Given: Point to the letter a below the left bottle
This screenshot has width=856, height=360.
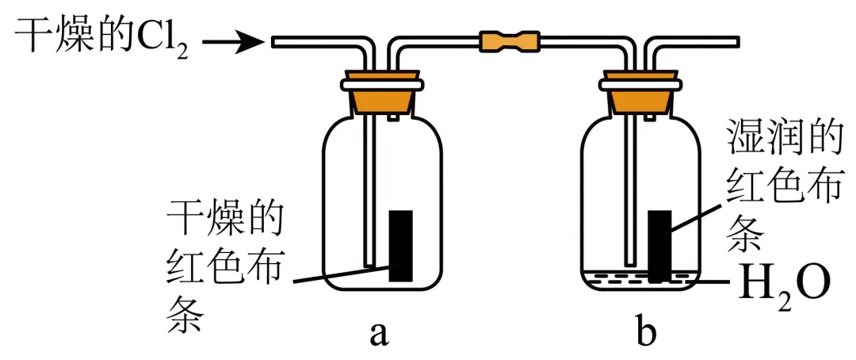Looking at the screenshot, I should point(380,334).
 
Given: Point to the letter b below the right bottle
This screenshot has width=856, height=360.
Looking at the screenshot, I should point(646,333).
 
